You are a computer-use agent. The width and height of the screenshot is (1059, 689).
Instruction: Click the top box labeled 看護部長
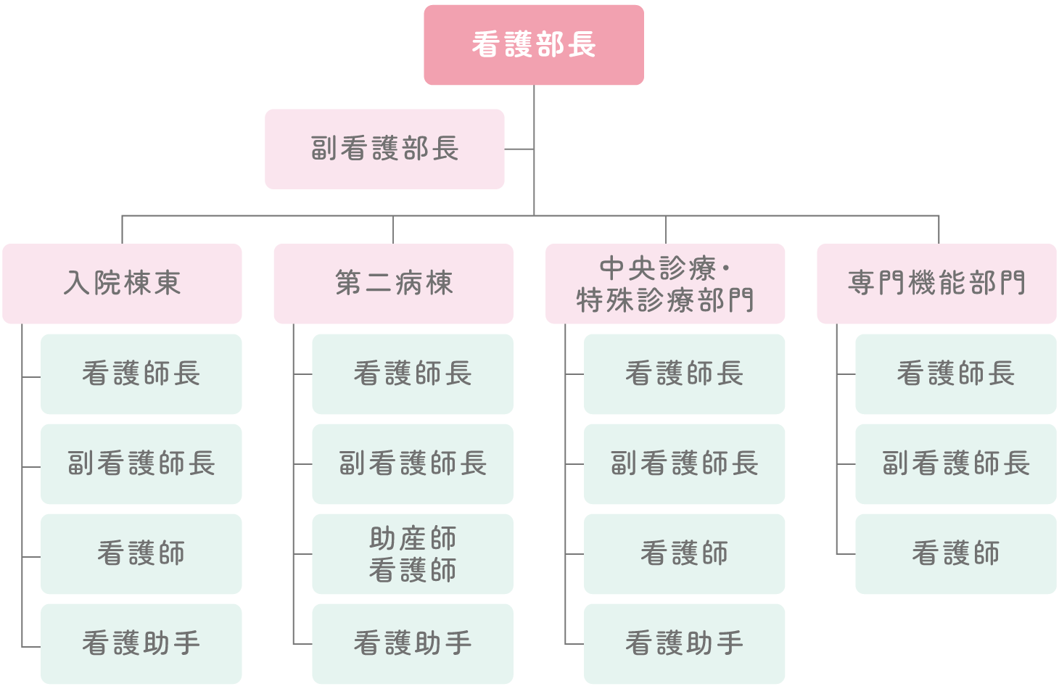[x=533, y=45]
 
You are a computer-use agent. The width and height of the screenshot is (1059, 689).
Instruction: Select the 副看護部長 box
[x=384, y=149]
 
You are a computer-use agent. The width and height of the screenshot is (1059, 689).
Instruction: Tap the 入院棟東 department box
[x=122, y=284]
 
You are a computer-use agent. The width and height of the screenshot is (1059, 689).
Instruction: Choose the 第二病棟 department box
[x=393, y=284]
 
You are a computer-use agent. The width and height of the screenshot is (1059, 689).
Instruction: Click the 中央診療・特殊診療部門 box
[x=665, y=284]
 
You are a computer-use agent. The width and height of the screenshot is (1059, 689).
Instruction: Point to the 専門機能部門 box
[x=936, y=284]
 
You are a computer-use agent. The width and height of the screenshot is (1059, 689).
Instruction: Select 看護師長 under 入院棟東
[x=141, y=374]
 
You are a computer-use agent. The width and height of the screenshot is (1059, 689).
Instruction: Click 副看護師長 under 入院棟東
[x=141, y=464]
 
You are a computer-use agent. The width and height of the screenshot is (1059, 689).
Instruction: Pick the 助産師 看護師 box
[x=413, y=554]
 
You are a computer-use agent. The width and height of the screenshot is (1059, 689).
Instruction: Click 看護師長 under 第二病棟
[x=413, y=374]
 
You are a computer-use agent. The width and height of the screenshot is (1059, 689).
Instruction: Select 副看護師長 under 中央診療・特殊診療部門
[x=684, y=464]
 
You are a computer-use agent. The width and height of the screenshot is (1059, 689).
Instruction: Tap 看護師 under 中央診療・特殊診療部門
[x=684, y=554]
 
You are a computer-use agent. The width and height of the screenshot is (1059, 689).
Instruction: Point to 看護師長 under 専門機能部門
[x=955, y=374]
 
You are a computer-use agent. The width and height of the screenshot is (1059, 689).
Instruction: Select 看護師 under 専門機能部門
[x=955, y=554]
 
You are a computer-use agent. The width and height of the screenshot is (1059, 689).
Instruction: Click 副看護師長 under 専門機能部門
[x=955, y=464]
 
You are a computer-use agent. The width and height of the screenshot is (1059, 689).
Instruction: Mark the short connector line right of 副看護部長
[x=519, y=149]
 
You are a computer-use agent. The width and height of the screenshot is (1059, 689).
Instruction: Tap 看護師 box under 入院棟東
[x=141, y=554]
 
